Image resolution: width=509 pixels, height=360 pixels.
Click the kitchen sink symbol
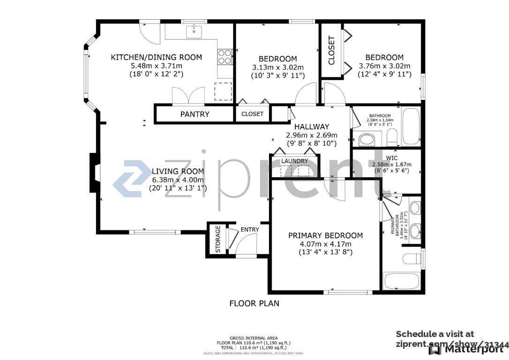click(194, 32)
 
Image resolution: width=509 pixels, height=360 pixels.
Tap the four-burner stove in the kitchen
click(225, 57)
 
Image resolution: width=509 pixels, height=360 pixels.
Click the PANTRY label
click(195, 114)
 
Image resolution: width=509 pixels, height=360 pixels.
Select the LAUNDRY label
click(294, 161)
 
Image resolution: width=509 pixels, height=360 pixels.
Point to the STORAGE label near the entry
click(218, 240)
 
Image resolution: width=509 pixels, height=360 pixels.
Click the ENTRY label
click(249, 229)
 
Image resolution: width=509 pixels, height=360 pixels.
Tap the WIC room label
click(391, 158)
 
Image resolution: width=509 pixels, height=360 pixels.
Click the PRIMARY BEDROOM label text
click(325, 235)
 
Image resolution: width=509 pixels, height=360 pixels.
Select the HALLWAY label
click(311, 127)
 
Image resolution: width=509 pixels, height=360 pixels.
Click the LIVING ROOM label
click(178, 171)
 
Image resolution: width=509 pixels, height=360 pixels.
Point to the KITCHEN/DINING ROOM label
click(156, 57)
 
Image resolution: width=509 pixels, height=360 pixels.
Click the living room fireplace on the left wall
click(95, 172)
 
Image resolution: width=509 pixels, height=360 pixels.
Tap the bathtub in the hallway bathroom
click(411, 127)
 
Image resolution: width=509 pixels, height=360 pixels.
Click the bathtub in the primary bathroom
click(402, 282)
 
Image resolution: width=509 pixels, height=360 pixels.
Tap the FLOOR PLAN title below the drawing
click(254, 303)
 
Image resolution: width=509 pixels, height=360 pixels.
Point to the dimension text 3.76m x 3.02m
click(384, 66)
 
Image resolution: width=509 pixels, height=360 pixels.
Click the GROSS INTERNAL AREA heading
click(254, 338)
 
